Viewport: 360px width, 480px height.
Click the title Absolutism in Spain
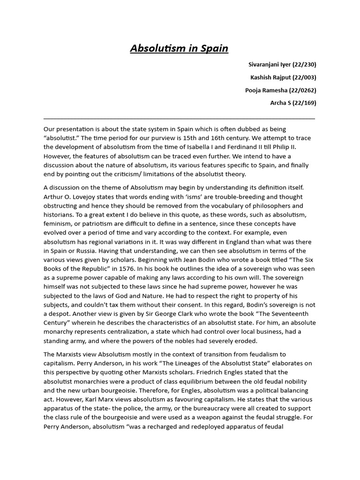pyautogui.click(x=179, y=49)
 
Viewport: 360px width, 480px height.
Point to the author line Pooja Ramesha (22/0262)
pyautogui.click(x=280, y=90)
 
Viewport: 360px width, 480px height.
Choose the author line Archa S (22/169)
pyautogui.click(x=292, y=103)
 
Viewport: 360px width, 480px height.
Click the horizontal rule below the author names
pyautogui.click(x=179, y=119)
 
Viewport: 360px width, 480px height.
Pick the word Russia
pyautogui.click(x=92, y=251)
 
